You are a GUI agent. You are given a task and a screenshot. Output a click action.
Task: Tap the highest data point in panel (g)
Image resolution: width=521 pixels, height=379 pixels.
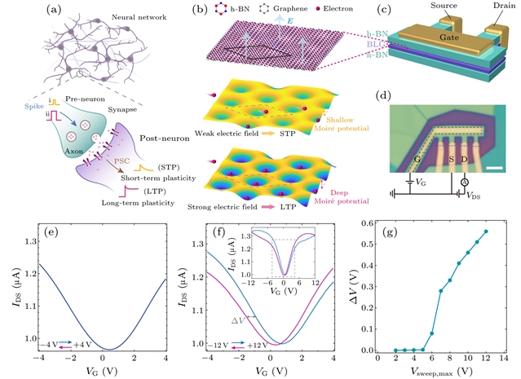coord(487,231)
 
